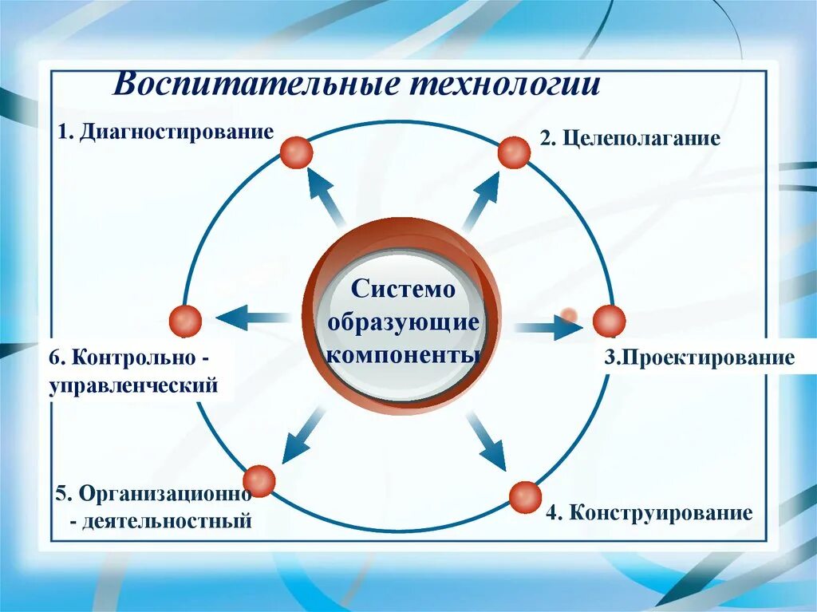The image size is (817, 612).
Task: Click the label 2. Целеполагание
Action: click(630, 139)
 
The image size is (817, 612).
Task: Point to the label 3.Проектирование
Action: click(699, 357)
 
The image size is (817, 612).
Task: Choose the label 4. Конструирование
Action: click(649, 512)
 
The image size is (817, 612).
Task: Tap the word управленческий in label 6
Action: click(133, 386)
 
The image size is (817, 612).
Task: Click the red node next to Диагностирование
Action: click(296, 152)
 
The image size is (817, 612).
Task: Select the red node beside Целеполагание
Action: click(514, 152)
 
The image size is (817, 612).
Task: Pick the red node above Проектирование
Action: click(609, 321)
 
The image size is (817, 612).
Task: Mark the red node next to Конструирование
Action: click(525, 497)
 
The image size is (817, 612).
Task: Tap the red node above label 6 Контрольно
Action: click(186, 321)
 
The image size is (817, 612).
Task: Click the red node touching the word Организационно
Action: click(259, 480)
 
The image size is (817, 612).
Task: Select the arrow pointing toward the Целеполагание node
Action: click(481, 199)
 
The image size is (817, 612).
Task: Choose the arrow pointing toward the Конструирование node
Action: click(487, 440)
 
